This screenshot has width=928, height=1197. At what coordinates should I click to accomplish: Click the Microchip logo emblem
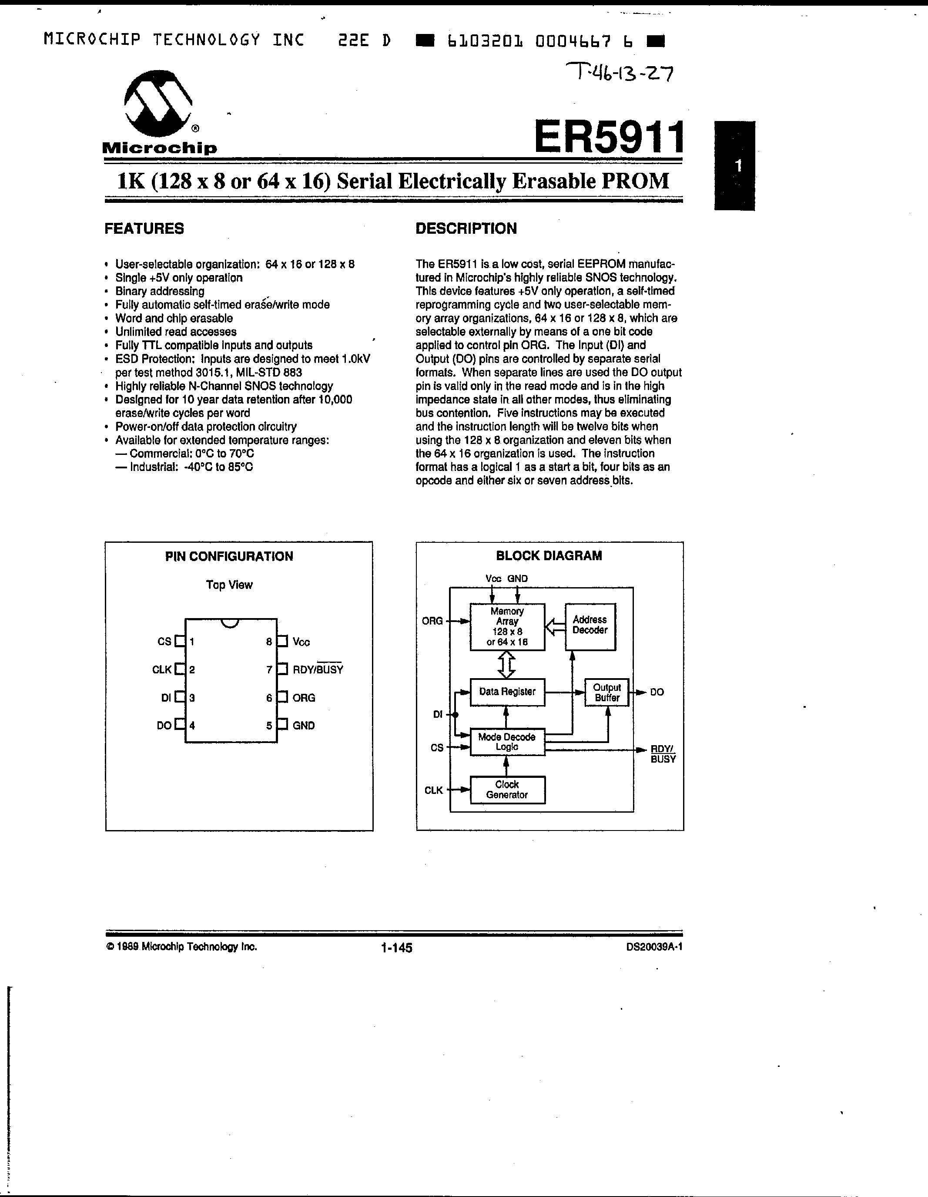click(158, 104)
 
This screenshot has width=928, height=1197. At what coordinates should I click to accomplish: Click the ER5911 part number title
click(609, 137)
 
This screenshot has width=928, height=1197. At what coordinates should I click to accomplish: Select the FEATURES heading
click(144, 229)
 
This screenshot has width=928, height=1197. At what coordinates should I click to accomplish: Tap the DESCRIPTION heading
click(466, 229)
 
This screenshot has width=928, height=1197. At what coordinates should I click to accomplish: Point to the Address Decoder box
click(590, 626)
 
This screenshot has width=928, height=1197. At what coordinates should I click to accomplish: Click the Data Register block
click(507, 692)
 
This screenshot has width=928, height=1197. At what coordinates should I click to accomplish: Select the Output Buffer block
click(606, 693)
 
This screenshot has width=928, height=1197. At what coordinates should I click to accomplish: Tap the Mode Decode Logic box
click(507, 742)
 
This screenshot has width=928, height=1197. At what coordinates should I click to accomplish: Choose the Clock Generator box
click(507, 790)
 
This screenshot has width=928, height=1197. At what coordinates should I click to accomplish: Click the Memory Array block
click(507, 626)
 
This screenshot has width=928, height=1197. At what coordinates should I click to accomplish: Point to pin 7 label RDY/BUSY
click(318, 669)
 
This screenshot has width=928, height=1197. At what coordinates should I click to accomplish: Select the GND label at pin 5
click(304, 726)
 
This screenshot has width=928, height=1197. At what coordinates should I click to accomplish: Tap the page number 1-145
click(397, 948)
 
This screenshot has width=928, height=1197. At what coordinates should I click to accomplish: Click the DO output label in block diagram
click(657, 692)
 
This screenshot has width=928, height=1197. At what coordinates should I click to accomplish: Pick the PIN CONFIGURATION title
click(229, 556)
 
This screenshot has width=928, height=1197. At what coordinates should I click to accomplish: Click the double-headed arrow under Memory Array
click(507, 664)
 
